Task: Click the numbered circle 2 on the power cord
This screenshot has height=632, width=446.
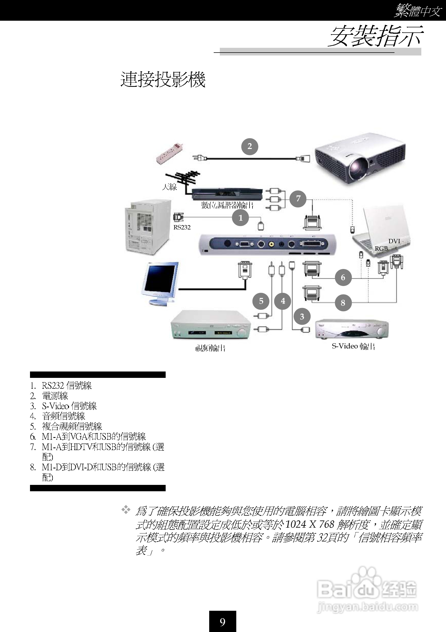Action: pyautogui.click(x=250, y=146)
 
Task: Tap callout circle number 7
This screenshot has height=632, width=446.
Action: pyautogui.click(x=298, y=198)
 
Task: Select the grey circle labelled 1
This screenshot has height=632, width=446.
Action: pyautogui.click(x=240, y=218)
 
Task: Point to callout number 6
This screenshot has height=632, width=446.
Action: pyautogui.click(x=343, y=277)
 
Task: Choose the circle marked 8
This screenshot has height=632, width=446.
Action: pyautogui.click(x=343, y=302)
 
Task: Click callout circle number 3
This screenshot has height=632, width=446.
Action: pyautogui.click(x=302, y=316)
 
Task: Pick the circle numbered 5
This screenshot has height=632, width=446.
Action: pyautogui.click(x=261, y=301)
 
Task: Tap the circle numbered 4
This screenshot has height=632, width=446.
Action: pyautogui.click(x=283, y=301)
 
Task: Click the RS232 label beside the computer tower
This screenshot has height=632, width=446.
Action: pyautogui.click(x=182, y=227)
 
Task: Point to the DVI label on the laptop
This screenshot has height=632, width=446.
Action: pyautogui.click(x=394, y=241)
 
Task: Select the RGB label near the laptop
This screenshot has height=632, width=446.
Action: pyautogui.click(x=381, y=248)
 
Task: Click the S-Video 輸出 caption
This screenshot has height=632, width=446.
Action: pyautogui.click(x=353, y=346)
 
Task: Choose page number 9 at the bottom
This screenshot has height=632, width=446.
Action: pyautogui.click(x=222, y=622)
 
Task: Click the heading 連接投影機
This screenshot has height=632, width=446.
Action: pyautogui.click(x=163, y=80)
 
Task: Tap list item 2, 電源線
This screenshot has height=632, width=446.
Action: pyautogui.click(x=55, y=396)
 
